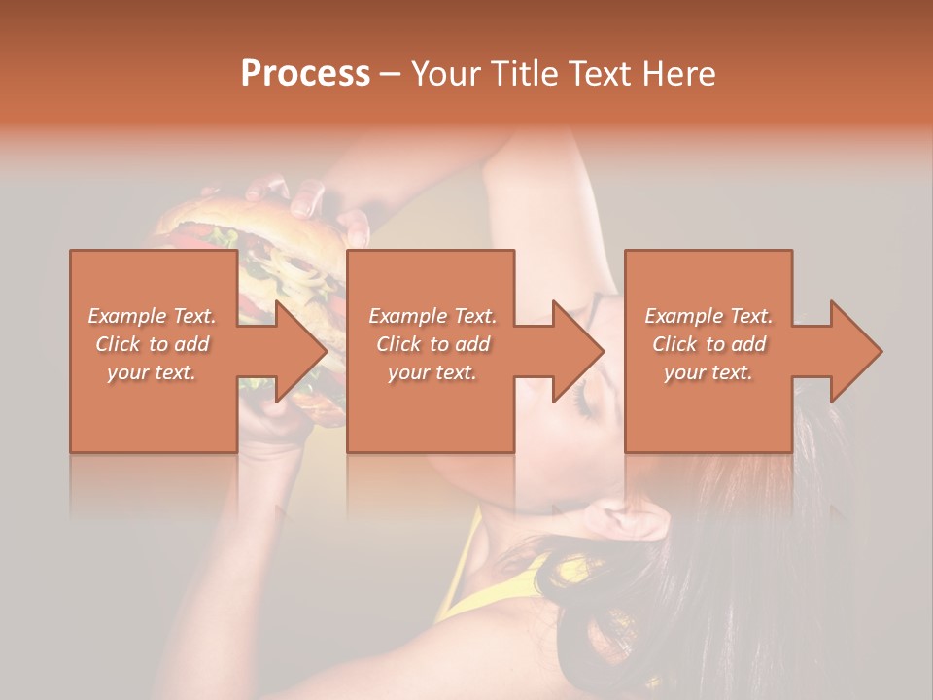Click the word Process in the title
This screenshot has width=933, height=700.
pos(305,74)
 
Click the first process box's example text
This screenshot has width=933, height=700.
pos(152,344)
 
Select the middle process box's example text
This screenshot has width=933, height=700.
pos(432,344)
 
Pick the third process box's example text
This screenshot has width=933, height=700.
pos(708,344)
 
